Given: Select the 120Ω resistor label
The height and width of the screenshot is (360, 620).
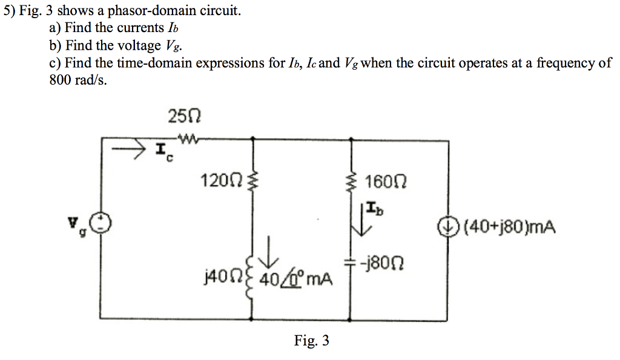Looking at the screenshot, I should point(222,180).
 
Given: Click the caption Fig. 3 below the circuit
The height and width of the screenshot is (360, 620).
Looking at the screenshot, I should point(312,341).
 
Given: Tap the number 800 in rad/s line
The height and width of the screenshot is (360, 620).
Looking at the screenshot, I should point(61,80).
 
